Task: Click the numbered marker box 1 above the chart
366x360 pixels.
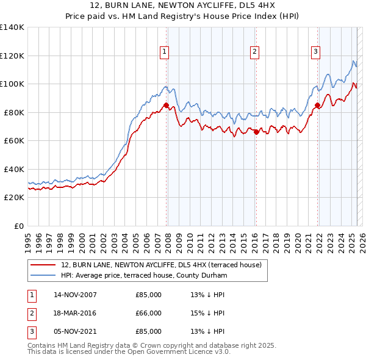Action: pyautogui.click(x=165, y=52)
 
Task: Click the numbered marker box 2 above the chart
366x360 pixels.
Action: pyautogui.click(x=254, y=52)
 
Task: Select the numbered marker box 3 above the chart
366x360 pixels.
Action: pyautogui.click(x=315, y=52)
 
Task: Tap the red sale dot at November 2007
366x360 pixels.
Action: pyautogui.click(x=167, y=106)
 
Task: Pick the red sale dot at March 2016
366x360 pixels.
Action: pyautogui.click(x=256, y=132)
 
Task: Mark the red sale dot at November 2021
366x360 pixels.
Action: pyautogui.click(x=317, y=106)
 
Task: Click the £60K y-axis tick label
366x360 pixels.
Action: pyautogui.click(x=13, y=140)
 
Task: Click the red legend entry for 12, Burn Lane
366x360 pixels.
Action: pyautogui.click(x=161, y=265)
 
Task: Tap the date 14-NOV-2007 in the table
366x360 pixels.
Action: pyautogui.click(x=75, y=295)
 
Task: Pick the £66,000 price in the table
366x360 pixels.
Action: pyautogui.click(x=148, y=313)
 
